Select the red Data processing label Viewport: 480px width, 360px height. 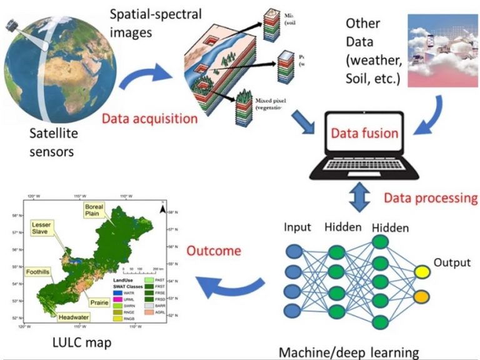[x=430, y=198]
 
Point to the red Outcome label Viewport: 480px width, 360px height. [x=213, y=251]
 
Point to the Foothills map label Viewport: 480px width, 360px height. [x=41, y=272]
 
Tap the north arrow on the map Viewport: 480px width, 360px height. [x=161, y=210]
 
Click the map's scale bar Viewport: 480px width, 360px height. [x=141, y=273]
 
